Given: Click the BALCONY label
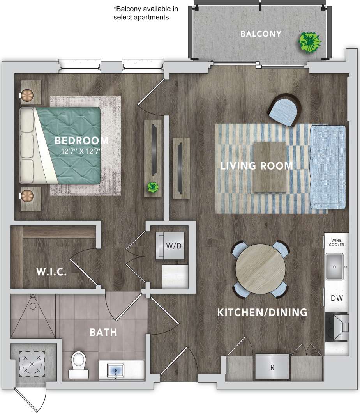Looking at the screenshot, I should click(x=261, y=34).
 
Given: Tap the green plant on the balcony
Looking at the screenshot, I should click(x=310, y=41).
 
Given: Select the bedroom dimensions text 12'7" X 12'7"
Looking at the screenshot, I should click(x=81, y=151).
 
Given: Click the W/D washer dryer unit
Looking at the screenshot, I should click(x=169, y=246).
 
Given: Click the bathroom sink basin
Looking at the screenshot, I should click(x=116, y=369).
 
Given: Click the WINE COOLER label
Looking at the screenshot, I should click(x=336, y=243).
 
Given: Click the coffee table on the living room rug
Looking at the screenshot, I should click(x=270, y=167).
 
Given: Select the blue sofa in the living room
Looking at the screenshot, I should click(x=328, y=167).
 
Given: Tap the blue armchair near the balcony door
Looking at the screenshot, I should click(x=285, y=110).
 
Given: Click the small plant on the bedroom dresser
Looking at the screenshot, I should click(x=153, y=188).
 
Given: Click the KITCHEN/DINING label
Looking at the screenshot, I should click(x=262, y=312).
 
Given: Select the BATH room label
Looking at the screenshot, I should click(x=103, y=333).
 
